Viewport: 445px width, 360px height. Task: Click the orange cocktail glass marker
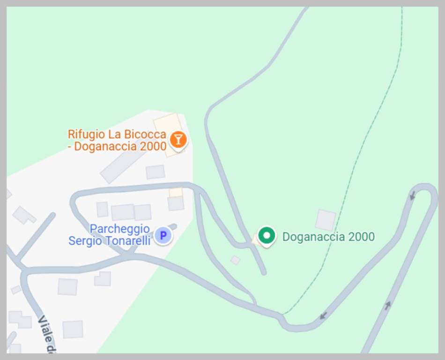coord(178,139)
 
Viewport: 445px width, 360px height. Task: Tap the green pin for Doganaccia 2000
coord(267,236)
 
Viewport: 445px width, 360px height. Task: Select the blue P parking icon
coord(163,235)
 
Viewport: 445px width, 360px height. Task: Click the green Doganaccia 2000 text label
coord(328,237)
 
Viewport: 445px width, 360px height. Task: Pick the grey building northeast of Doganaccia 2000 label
coord(326,220)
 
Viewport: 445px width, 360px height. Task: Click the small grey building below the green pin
coord(235,260)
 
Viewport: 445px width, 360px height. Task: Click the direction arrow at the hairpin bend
coord(412,195)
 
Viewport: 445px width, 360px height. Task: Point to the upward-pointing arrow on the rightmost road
coord(388,305)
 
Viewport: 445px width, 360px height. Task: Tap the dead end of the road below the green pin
coord(264,272)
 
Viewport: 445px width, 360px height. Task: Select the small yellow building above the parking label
coord(176,192)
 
